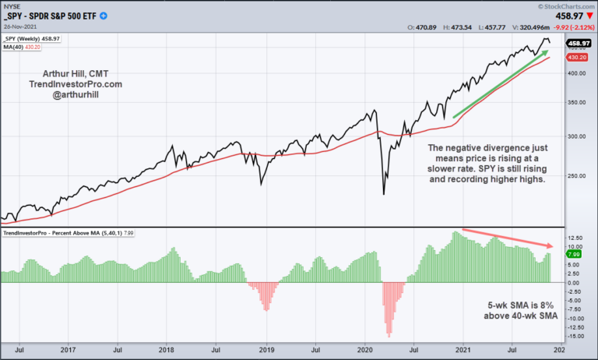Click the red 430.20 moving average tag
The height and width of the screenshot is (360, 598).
point(577,58)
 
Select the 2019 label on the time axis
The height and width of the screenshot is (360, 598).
point(266,351)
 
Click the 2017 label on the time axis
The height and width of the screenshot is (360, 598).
point(69,351)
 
